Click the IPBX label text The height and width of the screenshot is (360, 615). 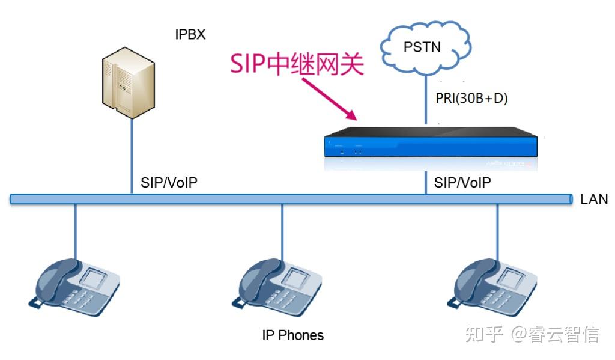[190, 35]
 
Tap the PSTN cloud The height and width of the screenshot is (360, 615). [426, 47]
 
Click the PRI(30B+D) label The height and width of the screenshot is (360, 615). [471, 99]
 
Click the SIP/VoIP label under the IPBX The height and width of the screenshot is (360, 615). [169, 183]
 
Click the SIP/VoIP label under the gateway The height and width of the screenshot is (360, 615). [462, 183]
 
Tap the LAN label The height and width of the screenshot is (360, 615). [594, 199]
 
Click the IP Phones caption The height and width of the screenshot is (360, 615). [292, 335]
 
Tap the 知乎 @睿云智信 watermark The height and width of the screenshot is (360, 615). [532, 334]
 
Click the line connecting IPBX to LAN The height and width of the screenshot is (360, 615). [132, 156]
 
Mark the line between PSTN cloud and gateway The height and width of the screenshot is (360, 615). [426, 99]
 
